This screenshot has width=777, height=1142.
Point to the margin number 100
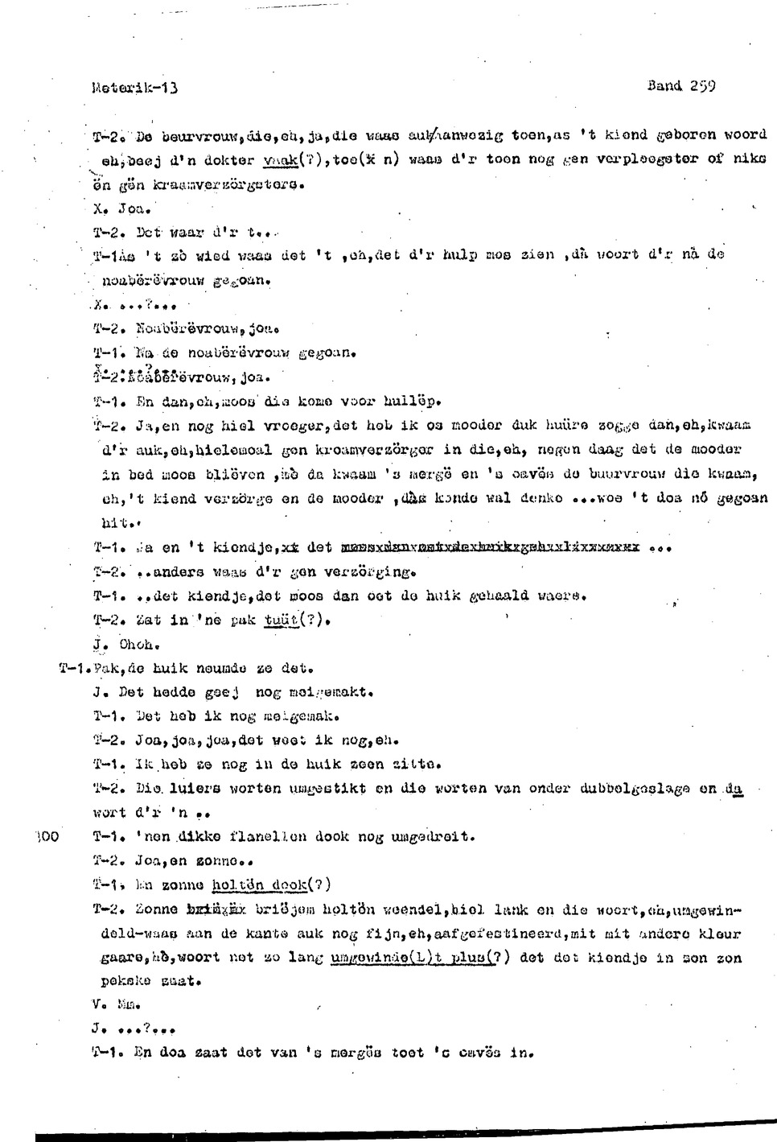[x=48, y=837]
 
